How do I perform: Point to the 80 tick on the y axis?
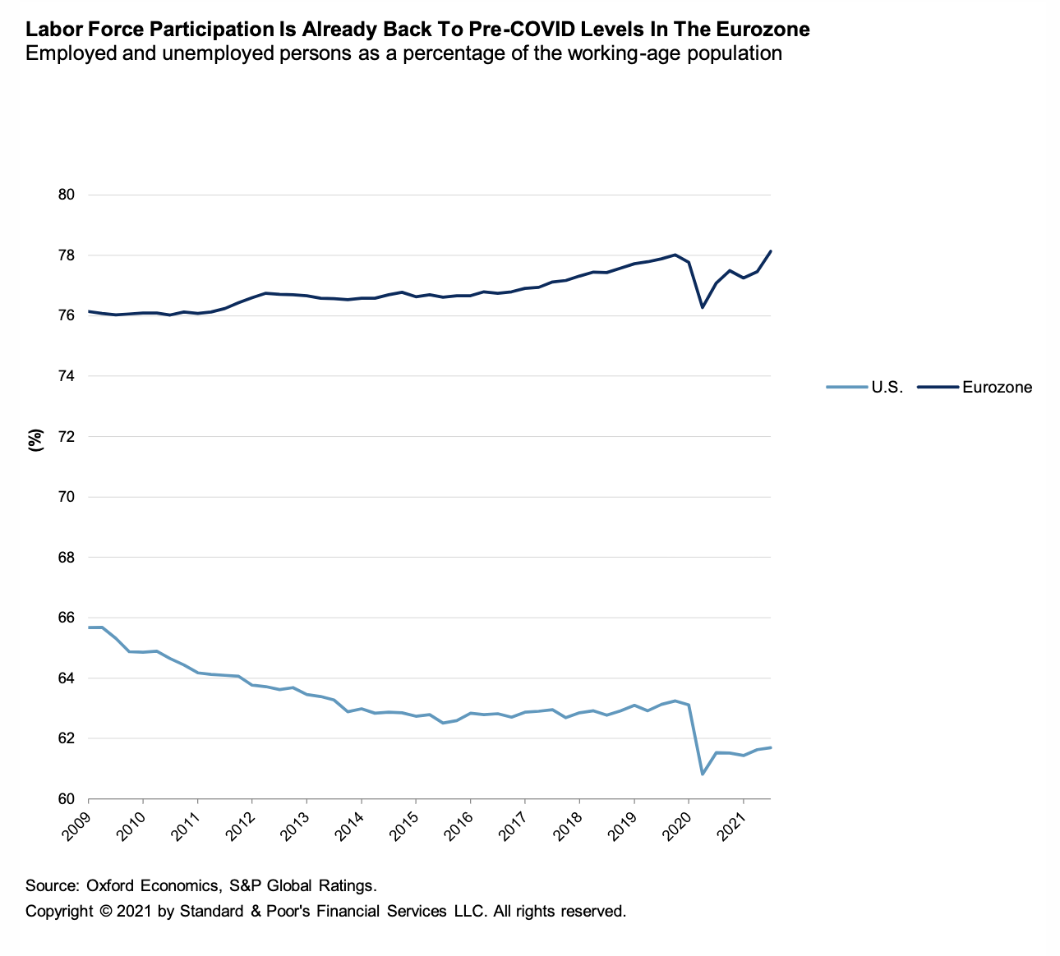coord(67,195)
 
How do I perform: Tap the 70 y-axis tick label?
coord(67,497)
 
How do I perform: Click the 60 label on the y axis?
coord(67,799)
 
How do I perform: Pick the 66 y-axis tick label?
coord(67,618)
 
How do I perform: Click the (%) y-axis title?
coord(35,440)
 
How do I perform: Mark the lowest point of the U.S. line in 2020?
coord(703,774)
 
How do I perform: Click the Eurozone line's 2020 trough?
coord(703,307)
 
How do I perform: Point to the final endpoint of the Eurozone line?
coord(770,251)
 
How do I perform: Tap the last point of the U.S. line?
coord(770,747)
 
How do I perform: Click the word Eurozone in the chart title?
coord(762,30)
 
